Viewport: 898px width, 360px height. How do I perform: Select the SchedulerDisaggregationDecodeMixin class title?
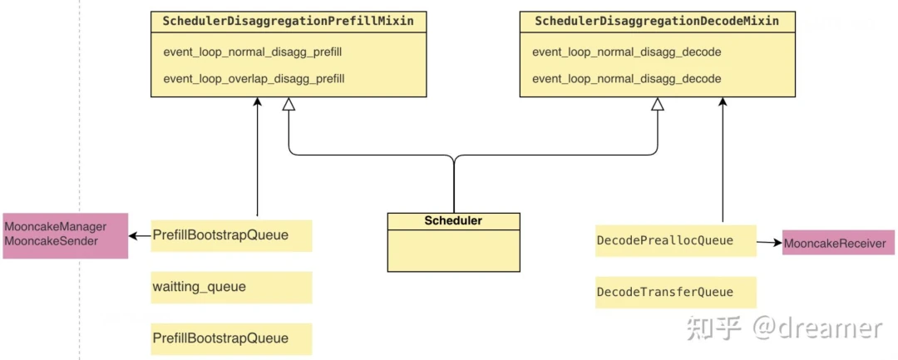coord(657,21)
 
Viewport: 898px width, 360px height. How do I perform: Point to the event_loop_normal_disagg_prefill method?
coord(253,52)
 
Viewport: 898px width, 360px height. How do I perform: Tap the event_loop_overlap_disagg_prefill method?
coord(254,79)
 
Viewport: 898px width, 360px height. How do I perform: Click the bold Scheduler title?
coord(453,221)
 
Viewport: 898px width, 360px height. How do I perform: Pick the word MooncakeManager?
coord(55,227)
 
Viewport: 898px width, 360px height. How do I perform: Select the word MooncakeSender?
coord(51,241)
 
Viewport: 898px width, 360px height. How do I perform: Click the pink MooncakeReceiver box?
coord(834,244)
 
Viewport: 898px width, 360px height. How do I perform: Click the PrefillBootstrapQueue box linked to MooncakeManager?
coord(231,235)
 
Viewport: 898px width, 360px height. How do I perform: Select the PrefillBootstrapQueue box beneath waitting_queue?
coord(231,338)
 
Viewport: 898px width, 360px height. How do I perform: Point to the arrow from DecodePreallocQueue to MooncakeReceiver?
coord(769,243)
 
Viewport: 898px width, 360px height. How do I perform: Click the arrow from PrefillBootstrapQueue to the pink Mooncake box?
coord(140,235)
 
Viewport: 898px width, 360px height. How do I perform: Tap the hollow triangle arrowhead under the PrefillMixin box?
coord(289,105)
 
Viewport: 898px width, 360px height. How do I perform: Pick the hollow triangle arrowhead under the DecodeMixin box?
coord(657,105)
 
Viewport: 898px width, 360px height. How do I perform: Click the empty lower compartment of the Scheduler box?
coord(453,249)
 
